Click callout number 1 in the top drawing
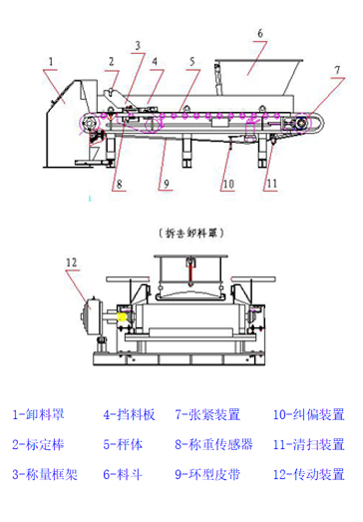(47, 61)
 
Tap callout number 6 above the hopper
(258, 34)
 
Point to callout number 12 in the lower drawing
(71, 262)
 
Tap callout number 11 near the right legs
(270, 184)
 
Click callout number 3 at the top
(138, 45)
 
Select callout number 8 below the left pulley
(119, 184)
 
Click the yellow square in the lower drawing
(125, 319)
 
